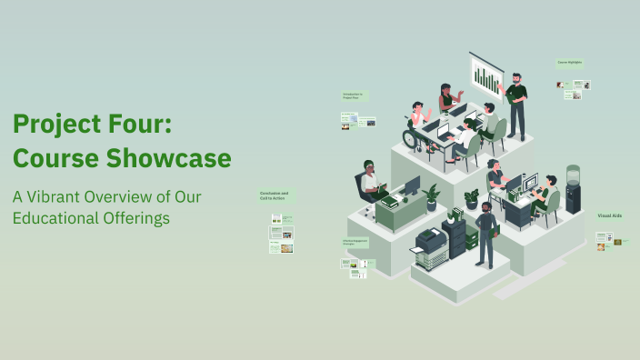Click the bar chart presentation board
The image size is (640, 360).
pos(486,77)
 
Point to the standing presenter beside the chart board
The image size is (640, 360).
pos(515,104)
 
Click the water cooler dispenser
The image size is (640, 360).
pos(573,188)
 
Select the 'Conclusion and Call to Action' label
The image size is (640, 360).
pos(274,195)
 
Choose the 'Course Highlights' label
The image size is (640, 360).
pos(569,63)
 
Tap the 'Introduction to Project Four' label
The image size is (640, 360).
pos(353,95)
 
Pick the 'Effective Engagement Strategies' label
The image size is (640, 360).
pos(354,242)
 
